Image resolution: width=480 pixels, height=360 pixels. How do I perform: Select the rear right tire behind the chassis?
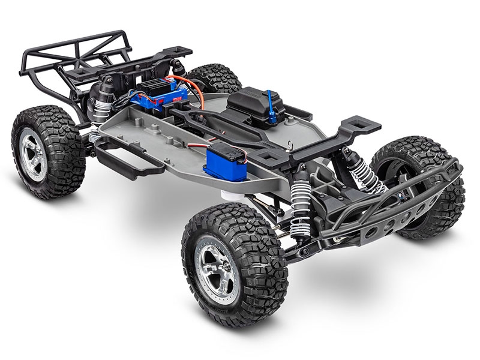click(x=216, y=74)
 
